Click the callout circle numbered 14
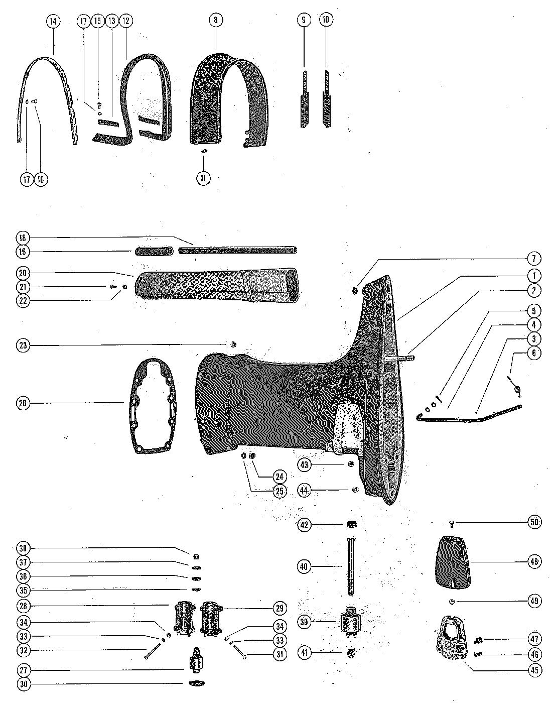click(x=53, y=22)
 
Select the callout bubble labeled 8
click(x=216, y=20)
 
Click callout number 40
click(x=305, y=567)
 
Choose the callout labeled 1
click(x=534, y=275)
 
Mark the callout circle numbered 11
click(x=203, y=178)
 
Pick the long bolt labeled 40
click(x=349, y=566)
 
